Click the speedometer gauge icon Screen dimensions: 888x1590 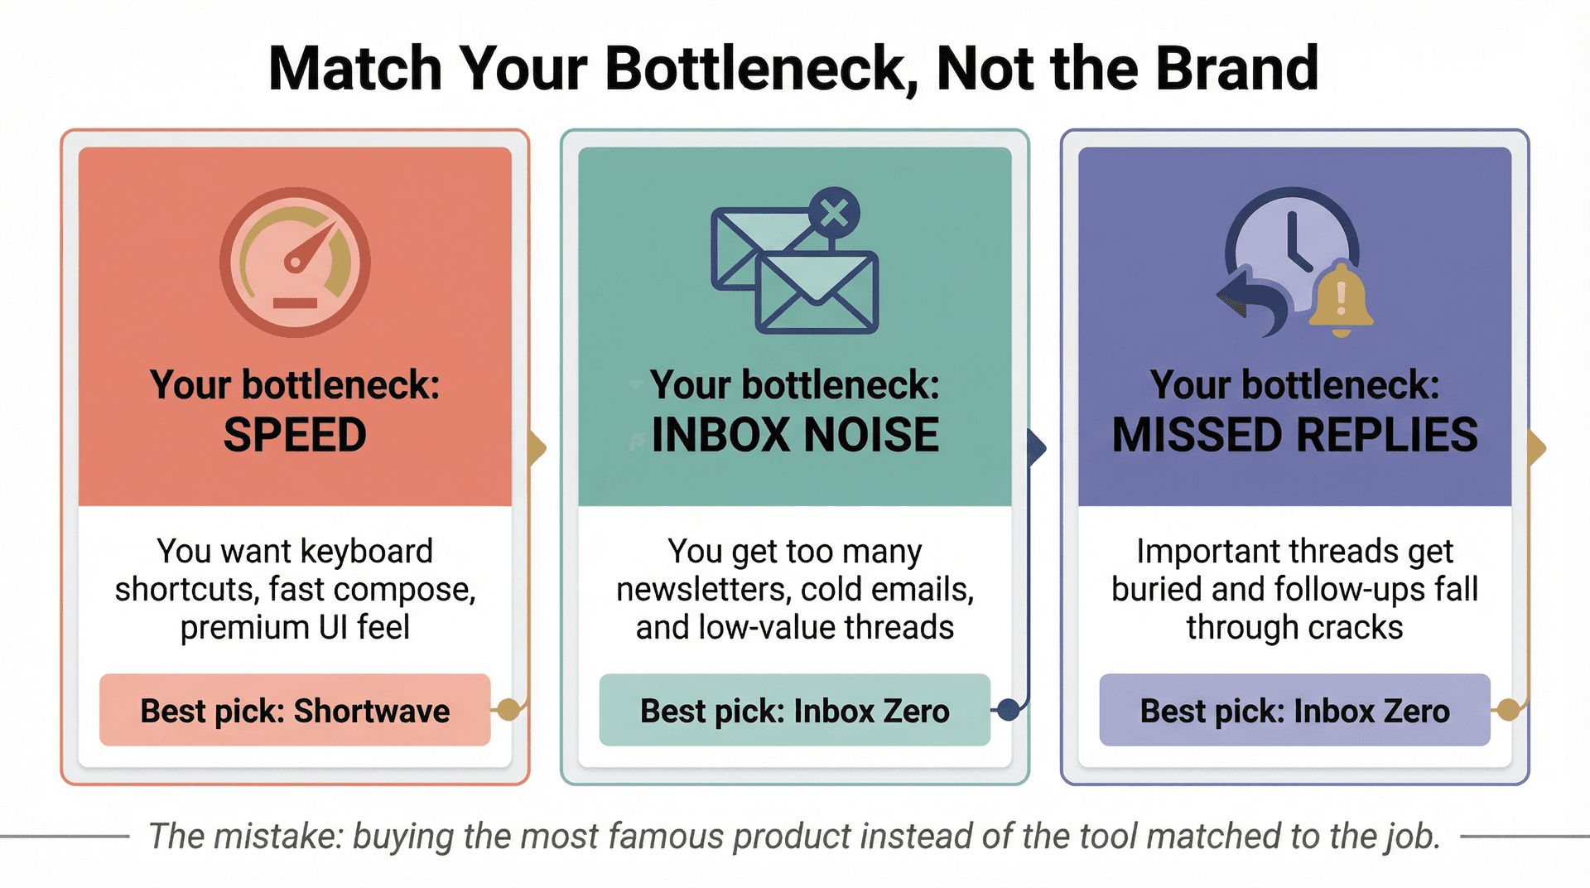coord(295,262)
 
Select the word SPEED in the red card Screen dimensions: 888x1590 coord(295,435)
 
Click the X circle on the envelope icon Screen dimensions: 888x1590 coord(833,213)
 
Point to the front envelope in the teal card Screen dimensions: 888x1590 coord(817,292)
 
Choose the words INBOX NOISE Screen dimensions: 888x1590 coord(795,435)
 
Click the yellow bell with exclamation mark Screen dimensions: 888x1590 coord(1341,299)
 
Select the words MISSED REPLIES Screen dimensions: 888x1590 coord(1294,435)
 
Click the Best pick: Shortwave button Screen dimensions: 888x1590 coord(295,711)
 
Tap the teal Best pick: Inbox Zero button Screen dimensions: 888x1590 coord(794,711)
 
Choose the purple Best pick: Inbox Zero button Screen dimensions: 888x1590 coord(1294,711)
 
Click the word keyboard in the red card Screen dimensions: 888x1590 coord(366,552)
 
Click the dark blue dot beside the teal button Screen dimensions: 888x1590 coord(1008,709)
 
